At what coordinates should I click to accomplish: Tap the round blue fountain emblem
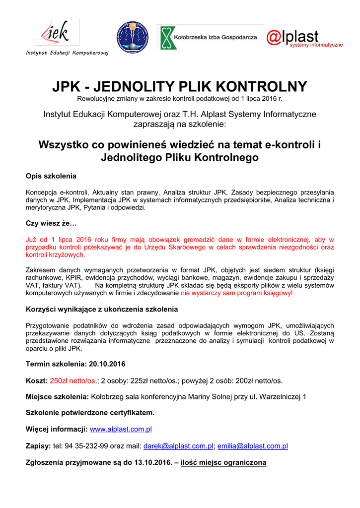(x=133, y=37)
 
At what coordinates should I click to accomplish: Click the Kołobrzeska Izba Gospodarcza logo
(x=210, y=37)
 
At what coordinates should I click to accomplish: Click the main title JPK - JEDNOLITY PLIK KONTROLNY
(x=180, y=86)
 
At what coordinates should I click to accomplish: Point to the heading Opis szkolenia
(x=51, y=176)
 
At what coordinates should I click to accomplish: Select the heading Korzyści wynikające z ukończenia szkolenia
(x=101, y=309)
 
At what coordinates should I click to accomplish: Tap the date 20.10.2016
(x=107, y=364)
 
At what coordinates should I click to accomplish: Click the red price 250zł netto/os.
(x=73, y=381)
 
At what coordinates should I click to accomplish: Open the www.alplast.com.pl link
(x=121, y=429)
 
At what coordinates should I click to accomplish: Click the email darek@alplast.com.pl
(x=178, y=446)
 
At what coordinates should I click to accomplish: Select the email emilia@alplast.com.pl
(x=253, y=446)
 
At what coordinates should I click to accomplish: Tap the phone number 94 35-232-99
(x=86, y=446)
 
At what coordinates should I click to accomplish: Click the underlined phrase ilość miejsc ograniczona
(x=223, y=463)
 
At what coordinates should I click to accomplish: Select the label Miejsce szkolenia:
(x=57, y=397)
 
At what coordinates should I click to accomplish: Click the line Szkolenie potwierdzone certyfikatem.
(x=90, y=412)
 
